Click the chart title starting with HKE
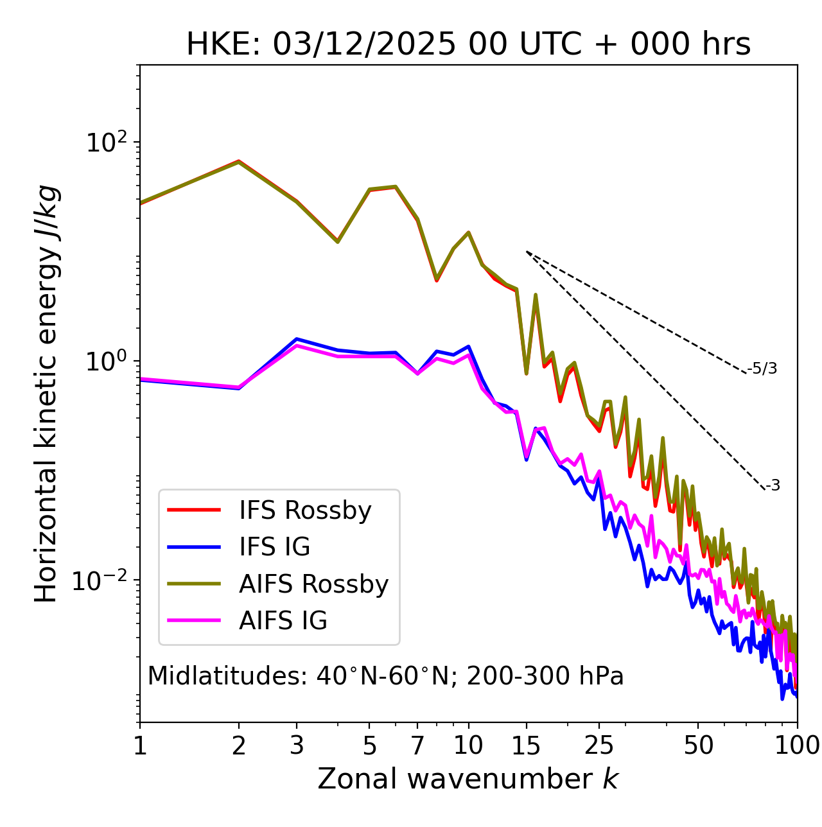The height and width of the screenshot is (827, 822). coord(468,44)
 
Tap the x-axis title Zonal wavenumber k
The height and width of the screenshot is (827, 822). coord(468,779)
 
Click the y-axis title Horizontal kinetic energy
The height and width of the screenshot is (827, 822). coord(46,394)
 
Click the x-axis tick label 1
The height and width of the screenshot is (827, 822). coord(140,745)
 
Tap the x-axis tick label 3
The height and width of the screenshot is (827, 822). coord(297,745)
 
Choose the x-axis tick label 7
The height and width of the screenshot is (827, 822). coord(417,745)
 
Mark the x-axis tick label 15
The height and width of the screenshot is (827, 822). coord(527,745)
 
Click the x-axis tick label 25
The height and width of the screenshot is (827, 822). coord(599,745)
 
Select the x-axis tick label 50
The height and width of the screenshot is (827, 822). coord(698,745)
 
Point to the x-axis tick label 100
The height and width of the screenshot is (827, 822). coord(797,745)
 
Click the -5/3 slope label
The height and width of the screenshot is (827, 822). coord(762,369)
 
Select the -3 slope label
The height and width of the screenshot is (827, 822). coord(773,486)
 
